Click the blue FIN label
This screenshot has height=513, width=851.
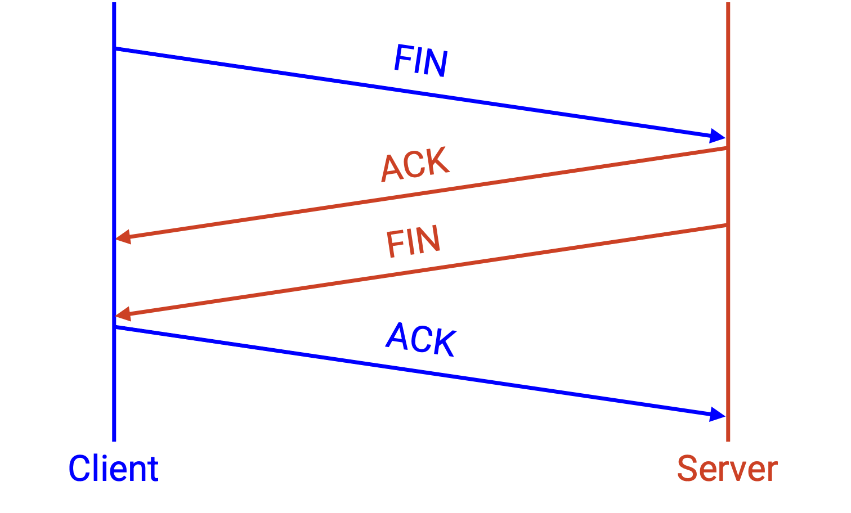421,61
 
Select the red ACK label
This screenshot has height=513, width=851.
415,164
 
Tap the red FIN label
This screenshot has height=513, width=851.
413,241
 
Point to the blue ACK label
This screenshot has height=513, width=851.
421,339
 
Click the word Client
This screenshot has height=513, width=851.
113,469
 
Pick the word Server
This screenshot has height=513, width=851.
728,469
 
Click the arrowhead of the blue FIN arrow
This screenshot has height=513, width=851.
717,136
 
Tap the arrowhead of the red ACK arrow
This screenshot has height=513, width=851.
123,237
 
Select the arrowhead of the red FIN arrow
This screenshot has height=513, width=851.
123,314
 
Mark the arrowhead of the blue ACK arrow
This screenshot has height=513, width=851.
717,415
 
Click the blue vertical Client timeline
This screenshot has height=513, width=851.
114,222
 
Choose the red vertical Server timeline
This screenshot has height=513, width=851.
728,222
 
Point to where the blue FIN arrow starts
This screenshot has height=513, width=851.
115,48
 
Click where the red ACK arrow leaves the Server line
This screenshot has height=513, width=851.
727,148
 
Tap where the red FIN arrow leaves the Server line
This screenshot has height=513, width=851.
727,226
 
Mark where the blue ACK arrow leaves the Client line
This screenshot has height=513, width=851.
115,327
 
